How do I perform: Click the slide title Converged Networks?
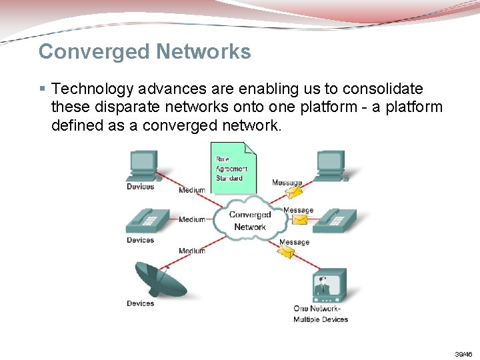tap(145, 52)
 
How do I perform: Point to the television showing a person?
tap(329, 285)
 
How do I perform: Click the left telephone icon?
tap(148, 220)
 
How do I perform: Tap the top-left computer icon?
tap(143, 165)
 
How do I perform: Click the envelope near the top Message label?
tap(294, 193)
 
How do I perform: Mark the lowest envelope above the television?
tap(287, 252)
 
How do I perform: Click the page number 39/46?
tap(463, 354)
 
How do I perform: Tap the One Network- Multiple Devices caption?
tap(321, 314)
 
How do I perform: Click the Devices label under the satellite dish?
tap(140, 303)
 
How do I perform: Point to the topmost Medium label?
tap(192, 190)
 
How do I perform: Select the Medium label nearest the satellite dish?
tap(192, 251)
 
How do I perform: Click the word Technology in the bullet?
tap(89, 89)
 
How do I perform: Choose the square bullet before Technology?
tap(42, 89)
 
